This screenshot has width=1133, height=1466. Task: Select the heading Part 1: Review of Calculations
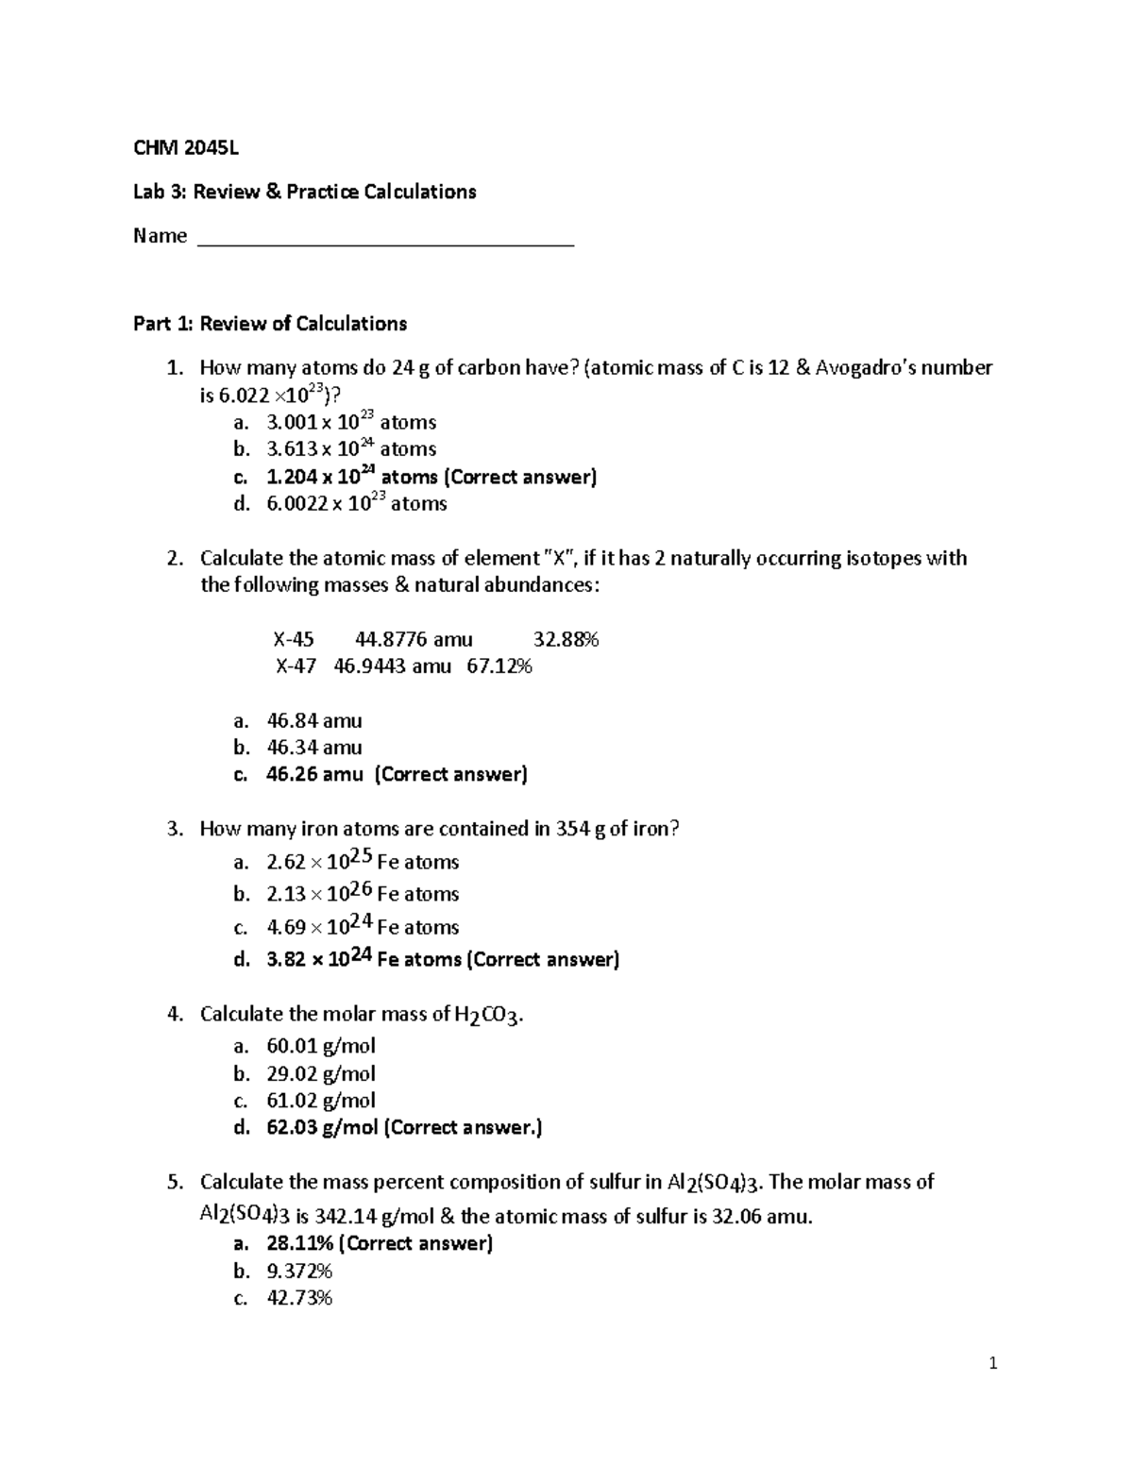tap(270, 324)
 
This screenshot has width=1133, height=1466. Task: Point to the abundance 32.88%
tap(566, 639)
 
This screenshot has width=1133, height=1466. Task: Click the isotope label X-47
tap(296, 666)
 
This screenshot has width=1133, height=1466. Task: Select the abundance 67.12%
tap(499, 666)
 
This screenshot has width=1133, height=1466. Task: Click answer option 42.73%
tap(299, 1298)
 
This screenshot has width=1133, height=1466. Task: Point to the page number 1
tap(992, 1362)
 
